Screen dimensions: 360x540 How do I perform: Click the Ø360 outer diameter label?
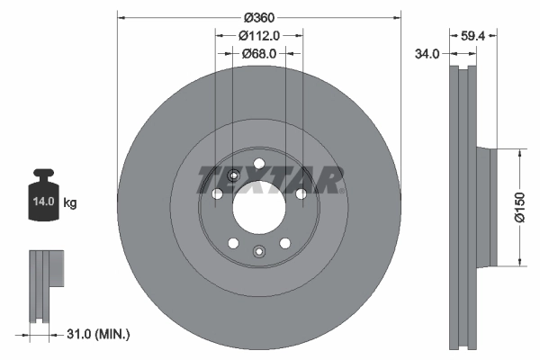click(259, 17)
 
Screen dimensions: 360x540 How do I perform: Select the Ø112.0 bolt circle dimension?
click(259, 36)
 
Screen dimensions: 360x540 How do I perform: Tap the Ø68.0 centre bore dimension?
click(259, 53)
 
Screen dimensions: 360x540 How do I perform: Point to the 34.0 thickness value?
click(427, 54)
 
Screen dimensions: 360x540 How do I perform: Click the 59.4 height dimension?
click(474, 38)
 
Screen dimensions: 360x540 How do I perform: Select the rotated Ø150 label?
click(519, 208)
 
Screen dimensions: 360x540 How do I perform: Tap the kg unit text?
click(70, 203)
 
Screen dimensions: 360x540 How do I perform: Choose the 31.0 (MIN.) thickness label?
click(100, 334)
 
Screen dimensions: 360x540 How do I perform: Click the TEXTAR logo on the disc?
click(271, 181)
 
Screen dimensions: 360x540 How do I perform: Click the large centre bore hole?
click(258, 211)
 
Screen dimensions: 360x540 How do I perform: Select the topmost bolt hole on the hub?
click(259, 163)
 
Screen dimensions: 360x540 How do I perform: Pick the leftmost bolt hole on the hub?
click(216, 193)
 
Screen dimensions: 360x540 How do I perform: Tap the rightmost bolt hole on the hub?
click(301, 193)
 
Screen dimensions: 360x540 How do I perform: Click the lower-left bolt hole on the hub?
click(233, 243)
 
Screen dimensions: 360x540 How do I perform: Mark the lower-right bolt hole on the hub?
click(284, 243)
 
